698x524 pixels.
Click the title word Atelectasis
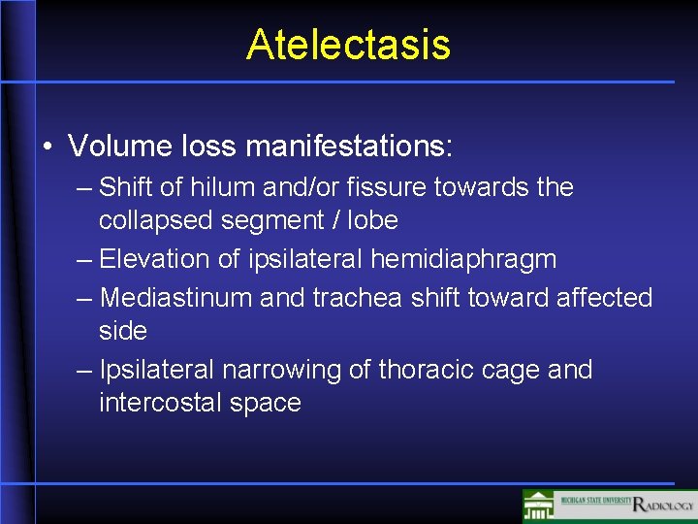coord(348,45)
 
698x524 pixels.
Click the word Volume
coord(116,147)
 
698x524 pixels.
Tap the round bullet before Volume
coord(48,148)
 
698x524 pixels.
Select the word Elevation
coord(154,259)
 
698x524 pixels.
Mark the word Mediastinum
coord(176,297)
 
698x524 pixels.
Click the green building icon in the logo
coord(539,506)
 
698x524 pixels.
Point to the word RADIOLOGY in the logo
coord(663,505)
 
